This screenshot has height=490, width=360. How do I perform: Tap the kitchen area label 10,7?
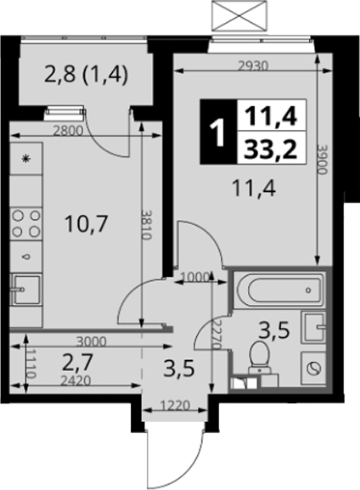tap(86, 224)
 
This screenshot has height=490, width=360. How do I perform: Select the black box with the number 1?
tap(219, 132)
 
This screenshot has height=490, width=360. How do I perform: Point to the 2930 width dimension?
tap(253, 66)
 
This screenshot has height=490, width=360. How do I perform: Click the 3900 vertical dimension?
tap(323, 160)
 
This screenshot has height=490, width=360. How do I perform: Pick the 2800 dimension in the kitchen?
tap(68, 130)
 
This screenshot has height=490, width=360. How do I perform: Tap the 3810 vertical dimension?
tap(147, 224)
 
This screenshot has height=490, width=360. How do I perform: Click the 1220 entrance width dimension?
tap(175, 406)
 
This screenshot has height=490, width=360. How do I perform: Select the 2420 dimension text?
tap(76, 380)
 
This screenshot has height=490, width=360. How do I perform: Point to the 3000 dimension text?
tap(91, 341)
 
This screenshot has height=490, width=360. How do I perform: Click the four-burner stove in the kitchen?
tap(26, 223)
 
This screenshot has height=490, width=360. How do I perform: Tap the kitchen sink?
tap(26, 290)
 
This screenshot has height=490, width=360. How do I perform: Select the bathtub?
tap(279, 290)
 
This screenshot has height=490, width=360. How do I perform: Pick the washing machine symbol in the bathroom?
tap(313, 369)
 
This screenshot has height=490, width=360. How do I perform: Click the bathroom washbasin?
tap(313, 327)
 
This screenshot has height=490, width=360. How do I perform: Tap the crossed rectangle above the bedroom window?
tap(240, 16)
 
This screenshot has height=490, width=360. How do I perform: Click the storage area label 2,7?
tap(77, 363)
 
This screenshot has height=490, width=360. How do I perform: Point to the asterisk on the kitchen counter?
tap(26, 159)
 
